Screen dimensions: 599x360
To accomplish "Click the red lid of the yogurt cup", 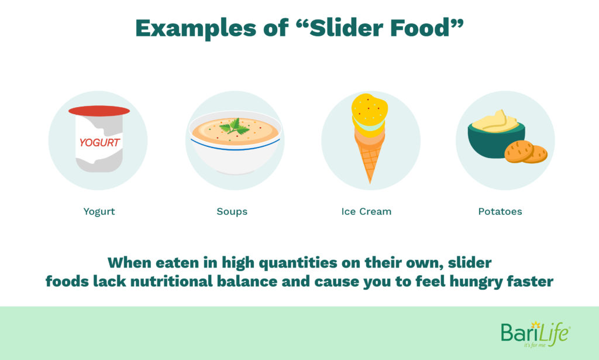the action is click(x=99, y=111).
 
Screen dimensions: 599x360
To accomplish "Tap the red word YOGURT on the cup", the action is click(x=99, y=143).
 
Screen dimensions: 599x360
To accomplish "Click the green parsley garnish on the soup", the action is click(x=235, y=126).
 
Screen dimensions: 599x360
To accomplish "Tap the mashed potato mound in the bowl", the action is click(x=495, y=122).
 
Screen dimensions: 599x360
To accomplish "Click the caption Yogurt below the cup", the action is click(x=99, y=212).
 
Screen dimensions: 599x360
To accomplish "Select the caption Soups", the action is click(x=232, y=212).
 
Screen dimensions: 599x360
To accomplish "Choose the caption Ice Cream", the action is click(x=366, y=211).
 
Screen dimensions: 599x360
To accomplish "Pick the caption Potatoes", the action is click(x=500, y=211).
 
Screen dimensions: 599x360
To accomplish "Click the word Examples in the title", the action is click(x=195, y=28).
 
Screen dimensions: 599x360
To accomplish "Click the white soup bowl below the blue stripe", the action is click(x=235, y=160).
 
